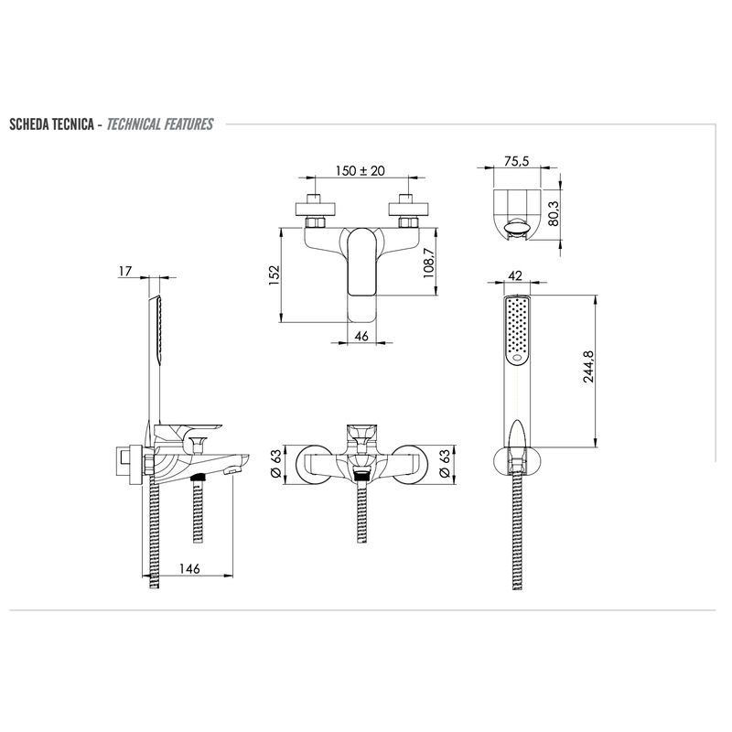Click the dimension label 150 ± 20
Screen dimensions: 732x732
[360, 171]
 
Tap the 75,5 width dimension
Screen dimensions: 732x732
[516, 161]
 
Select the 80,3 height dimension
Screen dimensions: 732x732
[554, 213]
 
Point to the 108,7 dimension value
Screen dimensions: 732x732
[428, 264]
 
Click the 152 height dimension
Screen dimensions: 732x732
[274, 275]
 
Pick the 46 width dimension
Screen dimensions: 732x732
[361, 336]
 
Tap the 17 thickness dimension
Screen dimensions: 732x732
[125, 271]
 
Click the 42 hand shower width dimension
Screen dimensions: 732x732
[515, 275]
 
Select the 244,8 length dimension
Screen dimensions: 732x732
[588, 367]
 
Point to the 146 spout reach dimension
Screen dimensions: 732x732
[189, 568]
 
